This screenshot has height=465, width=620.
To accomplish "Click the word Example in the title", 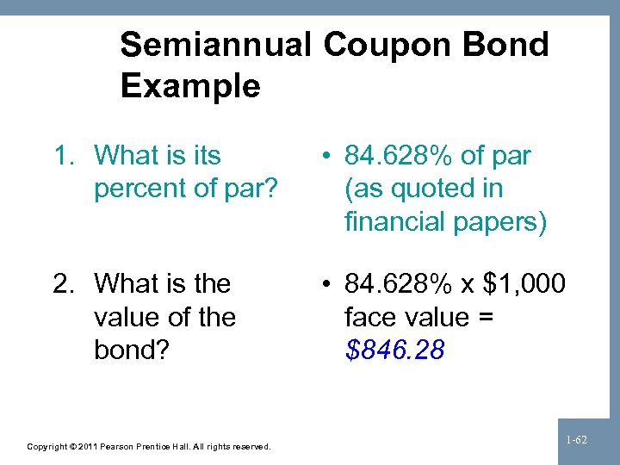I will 190,86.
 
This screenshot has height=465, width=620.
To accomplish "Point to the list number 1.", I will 63,156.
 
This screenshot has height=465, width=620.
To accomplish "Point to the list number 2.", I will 63,283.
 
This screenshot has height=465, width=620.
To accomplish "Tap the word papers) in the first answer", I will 500,222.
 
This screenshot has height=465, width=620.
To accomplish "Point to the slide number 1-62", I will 576,440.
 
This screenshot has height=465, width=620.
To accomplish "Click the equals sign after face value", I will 485,317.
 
